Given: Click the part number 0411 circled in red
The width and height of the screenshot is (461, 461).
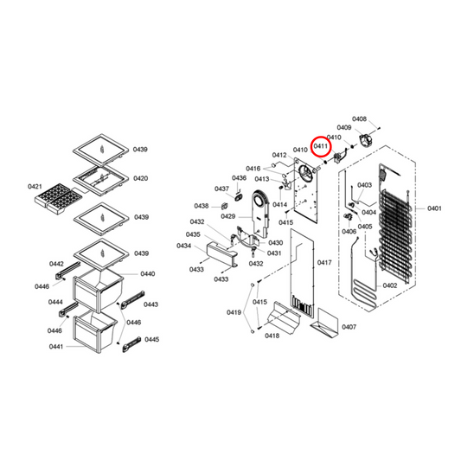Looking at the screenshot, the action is [x=321, y=146].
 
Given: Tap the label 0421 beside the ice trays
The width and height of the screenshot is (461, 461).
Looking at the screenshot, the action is [x=35, y=187].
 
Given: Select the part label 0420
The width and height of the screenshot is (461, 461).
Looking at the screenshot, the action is [x=140, y=178].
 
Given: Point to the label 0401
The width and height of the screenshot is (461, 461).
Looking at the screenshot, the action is [x=434, y=208].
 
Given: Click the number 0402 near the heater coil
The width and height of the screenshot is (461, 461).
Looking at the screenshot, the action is [x=390, y=285].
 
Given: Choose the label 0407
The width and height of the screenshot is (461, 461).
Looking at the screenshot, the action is [x=349, y=327].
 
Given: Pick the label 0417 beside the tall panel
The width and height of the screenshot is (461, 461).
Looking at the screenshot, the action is [x=324, y=262].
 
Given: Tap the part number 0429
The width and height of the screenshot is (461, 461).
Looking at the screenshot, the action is [x=228, y=216].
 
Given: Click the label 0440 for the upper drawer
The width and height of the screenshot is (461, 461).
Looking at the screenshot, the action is [x=148, y=274].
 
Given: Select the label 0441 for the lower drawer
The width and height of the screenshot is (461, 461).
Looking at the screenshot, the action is [x=56, y=347].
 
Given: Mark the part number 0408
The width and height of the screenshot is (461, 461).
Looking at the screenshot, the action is [x=359, y=118].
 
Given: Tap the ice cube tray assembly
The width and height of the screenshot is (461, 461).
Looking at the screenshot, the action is [x=58, y=198].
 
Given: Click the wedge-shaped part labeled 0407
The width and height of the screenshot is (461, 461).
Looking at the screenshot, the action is [x=324, y=323].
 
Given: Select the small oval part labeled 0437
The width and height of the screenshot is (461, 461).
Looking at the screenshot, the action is [x=237, y=197].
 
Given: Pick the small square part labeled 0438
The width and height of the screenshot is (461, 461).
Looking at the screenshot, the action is [x=225, y=206].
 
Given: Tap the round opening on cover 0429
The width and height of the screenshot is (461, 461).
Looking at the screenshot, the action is [x=259, y=201].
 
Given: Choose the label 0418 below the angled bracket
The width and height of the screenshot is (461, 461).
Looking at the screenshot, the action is [x=272, y=336].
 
